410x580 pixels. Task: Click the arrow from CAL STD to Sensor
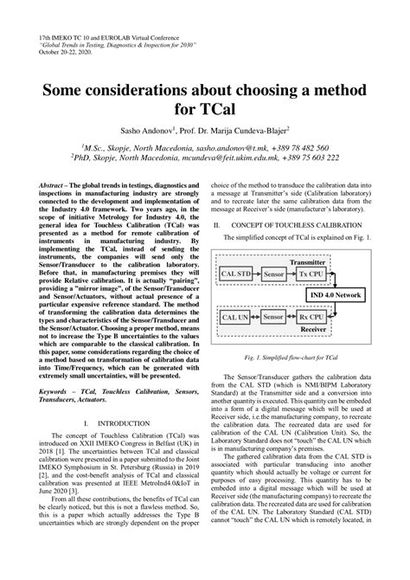[258, 274]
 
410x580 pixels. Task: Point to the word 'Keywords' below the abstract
[58, 367]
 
